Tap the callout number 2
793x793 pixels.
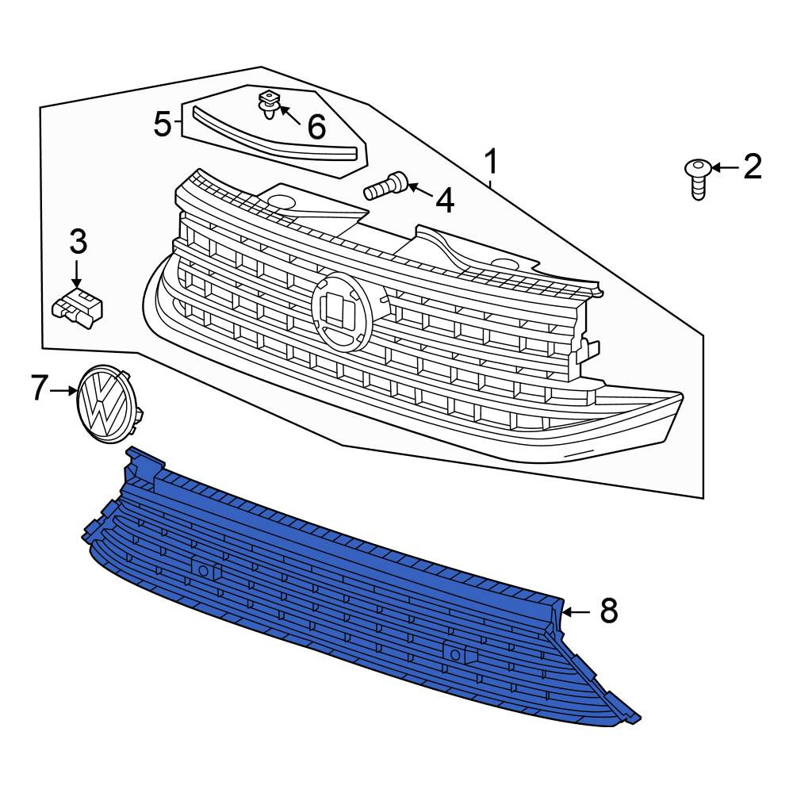click(x=753, y=167)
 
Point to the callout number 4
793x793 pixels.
click(x=445, y=201)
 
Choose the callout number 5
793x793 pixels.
click(x=163, y=124)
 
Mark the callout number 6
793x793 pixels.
click(x=316, y=126)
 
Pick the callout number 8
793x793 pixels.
click(x=609, y=611)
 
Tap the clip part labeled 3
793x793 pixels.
click(x=78, y=308)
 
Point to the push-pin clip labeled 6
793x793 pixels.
click(x=268, y=104)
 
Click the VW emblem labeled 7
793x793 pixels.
click(x=108, y=404)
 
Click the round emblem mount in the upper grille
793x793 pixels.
click(x=343, y=309)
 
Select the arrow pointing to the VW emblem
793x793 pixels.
click(x=63, y=390)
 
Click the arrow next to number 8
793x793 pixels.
click(x=576, y=612)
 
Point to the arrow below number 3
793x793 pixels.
click(x=76, y=274)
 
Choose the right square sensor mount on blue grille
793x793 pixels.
click(x=459, y=654)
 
